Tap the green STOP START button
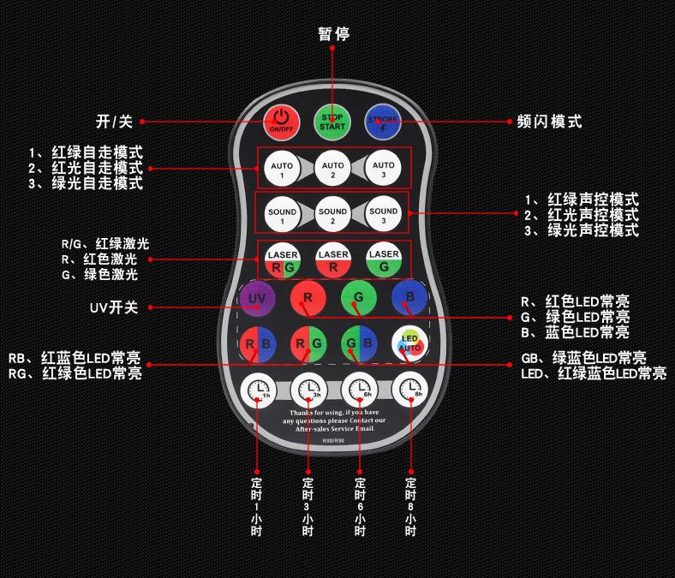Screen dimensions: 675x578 pyautogui.click(x=332, y=121)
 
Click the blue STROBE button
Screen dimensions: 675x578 pyautogui.click(x=384, y=121)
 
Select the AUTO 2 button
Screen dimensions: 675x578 pyautogui.click(x=332, y=169)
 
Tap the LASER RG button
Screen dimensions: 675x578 pyautogui.click(x=282, y=260)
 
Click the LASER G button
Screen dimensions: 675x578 pyautogui.click(x=384, y=260)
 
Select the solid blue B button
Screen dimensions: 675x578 pyautogui.click(x=409, y=296)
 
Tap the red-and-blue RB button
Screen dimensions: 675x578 pyautogui.click(x=257, y=343)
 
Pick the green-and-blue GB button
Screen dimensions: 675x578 pyautogui.click(x=358, y=343)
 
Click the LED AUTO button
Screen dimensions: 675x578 pyautogui.click(x=409, y=343)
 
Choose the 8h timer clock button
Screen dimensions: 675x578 pyautogui.click(x=409, y=390)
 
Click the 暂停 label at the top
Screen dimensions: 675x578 pyautogui.click(x=333, y=33)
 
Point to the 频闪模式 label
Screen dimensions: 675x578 pyautogui.click(x=549, y=122)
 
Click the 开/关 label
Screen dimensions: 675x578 pyautogui.click(x=113, y=122)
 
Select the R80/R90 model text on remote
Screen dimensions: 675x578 pyautogui.click(x=333, y=442)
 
